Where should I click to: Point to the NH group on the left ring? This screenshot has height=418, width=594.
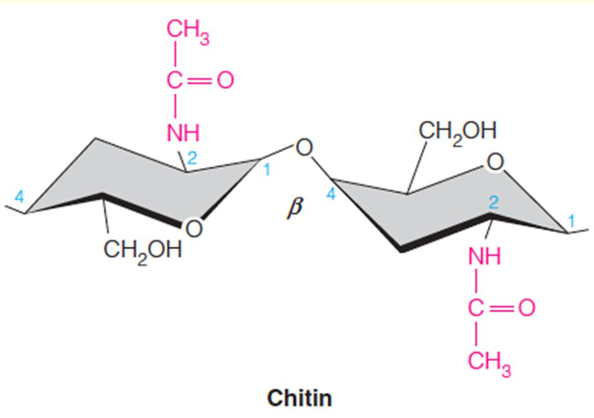tap(183, 133)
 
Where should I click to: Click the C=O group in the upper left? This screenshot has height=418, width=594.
tap(195, 82)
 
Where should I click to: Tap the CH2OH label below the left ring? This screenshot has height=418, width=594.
tap(141, 252)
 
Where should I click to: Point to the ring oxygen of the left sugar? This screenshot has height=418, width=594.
tap(194, 228)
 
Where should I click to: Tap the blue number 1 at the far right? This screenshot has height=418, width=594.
tap(571, 221)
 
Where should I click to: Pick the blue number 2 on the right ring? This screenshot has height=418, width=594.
tap(494, 202)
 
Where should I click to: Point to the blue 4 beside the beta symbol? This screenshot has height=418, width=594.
tap(330, 195)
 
